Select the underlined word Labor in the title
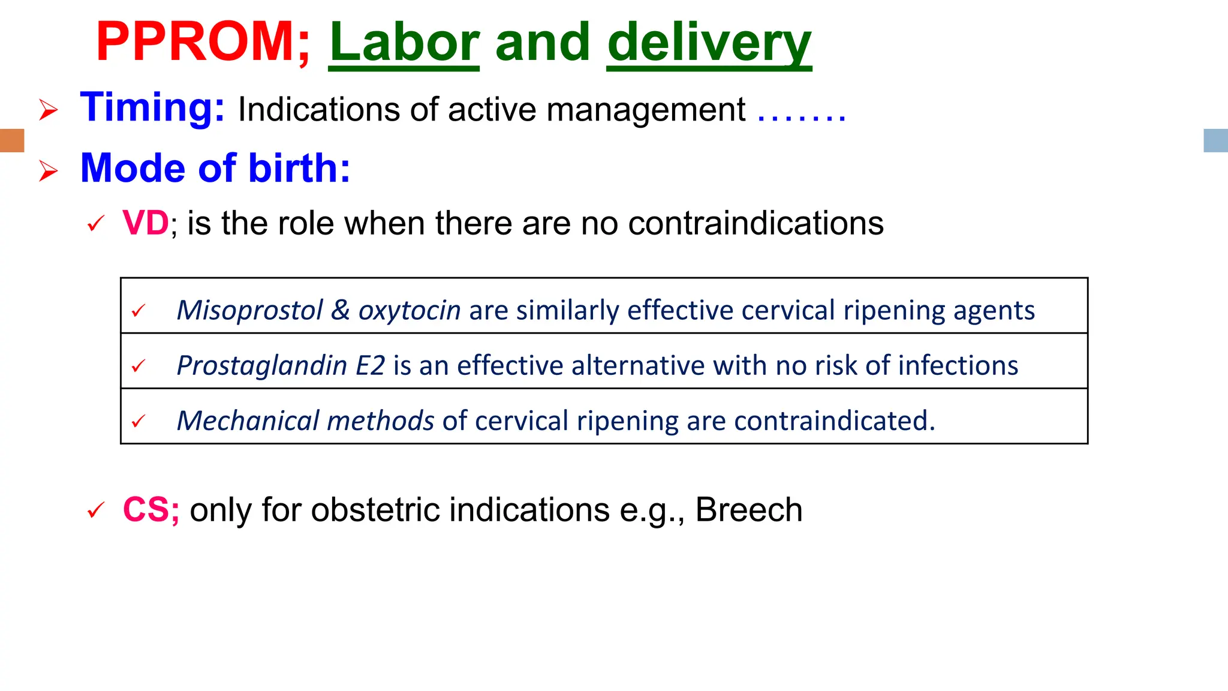pyautogui.click(x=404, y=43)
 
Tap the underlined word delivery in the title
pyautogui.click(x=709, y=43)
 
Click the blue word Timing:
pyautogui.click(x=152, y=108)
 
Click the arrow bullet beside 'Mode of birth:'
pyautogui.click(x=49, y=171)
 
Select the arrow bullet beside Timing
pyautogui.click(x=49, y=110)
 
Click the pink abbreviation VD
pyautogui.click(x=146, y=223)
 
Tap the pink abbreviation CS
pyautogui.click(x=151, y=510)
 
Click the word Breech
pyautogui.click(x=748, y=510)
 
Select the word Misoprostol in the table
pyautogui.click(x=250, y=311)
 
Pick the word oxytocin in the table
pyautogui.click(x=410, y=311)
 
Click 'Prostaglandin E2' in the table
pyautogui.click(x=281, y=366)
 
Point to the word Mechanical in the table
pyautogui.click(x=248, y=421)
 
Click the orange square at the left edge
pyautogui.click(x=12, y=140)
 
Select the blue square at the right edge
pyautogui.click(x=1215, y=140)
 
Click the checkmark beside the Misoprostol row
pyautogui.click(x=139, y=311)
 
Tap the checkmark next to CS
pyautogui.click(x=96, y=510)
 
